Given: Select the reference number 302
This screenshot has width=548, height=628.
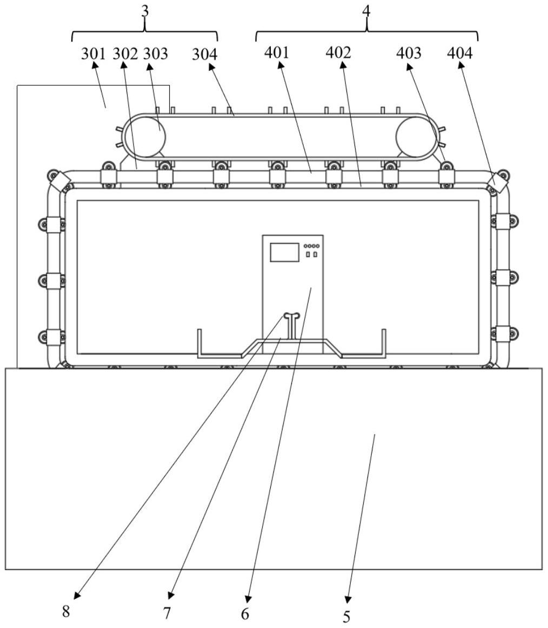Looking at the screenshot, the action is [x=125, y=53].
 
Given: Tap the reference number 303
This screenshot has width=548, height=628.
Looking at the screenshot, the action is [x=155, y=53].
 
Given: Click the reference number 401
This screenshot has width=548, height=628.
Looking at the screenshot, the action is [x=277, y=53].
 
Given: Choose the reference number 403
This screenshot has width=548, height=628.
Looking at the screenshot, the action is [x=409, y=53].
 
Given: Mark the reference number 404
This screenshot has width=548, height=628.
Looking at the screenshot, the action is [x=460, y=53].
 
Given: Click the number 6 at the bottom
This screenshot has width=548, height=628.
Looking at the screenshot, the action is [x=246, y=613].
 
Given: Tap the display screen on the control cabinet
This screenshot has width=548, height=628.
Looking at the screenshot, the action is [x=284, y=253].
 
